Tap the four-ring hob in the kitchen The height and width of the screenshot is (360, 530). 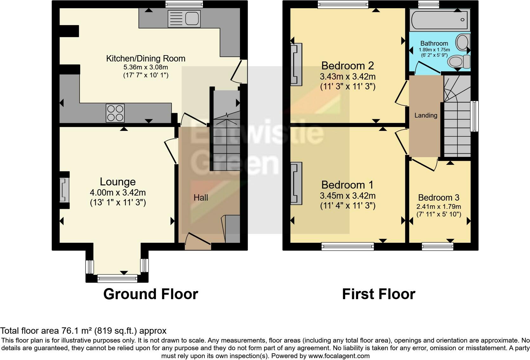(x=115, y=113)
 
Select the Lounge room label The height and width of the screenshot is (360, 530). (x=118, y=182)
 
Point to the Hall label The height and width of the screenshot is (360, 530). (x=201, y=198)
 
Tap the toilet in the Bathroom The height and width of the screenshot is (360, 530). (x=459, y=61)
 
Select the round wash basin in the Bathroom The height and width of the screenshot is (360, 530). (x=462, y=42)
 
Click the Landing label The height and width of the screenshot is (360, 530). (x=426, y=115)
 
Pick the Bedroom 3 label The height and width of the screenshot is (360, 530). (x=438, y=198)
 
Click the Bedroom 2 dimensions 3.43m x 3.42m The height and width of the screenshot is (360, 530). (x=347, y=77)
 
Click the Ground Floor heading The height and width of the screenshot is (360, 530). (x=151, y=294)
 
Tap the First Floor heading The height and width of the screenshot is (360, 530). (x=378, y=294)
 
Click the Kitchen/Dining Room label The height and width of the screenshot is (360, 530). (x=145, y=59)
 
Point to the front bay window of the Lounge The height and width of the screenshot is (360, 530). (x=117, y=278)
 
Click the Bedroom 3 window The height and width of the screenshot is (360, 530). (x=437, y=246)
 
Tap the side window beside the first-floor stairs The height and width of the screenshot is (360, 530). (x=474, y=116)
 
